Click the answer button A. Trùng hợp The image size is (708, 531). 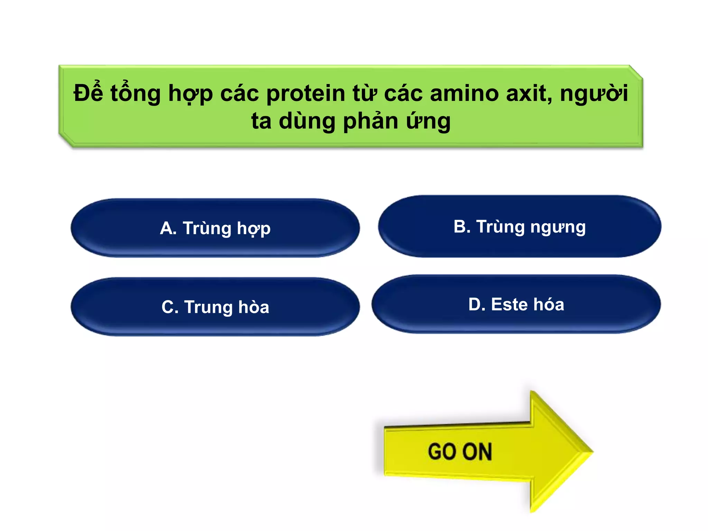coord(215,228)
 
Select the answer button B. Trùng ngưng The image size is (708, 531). coord(519,226)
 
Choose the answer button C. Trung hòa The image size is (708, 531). coord(215,307)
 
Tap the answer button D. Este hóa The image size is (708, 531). coord(516,304)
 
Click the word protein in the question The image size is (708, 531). coord(306,94)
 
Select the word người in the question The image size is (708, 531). coord(594,94)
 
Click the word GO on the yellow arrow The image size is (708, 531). coord(442,451)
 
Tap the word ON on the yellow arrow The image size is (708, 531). coord(477,451)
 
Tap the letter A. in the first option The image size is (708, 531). coord(168,229)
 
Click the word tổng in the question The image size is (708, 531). coord(136,94)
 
